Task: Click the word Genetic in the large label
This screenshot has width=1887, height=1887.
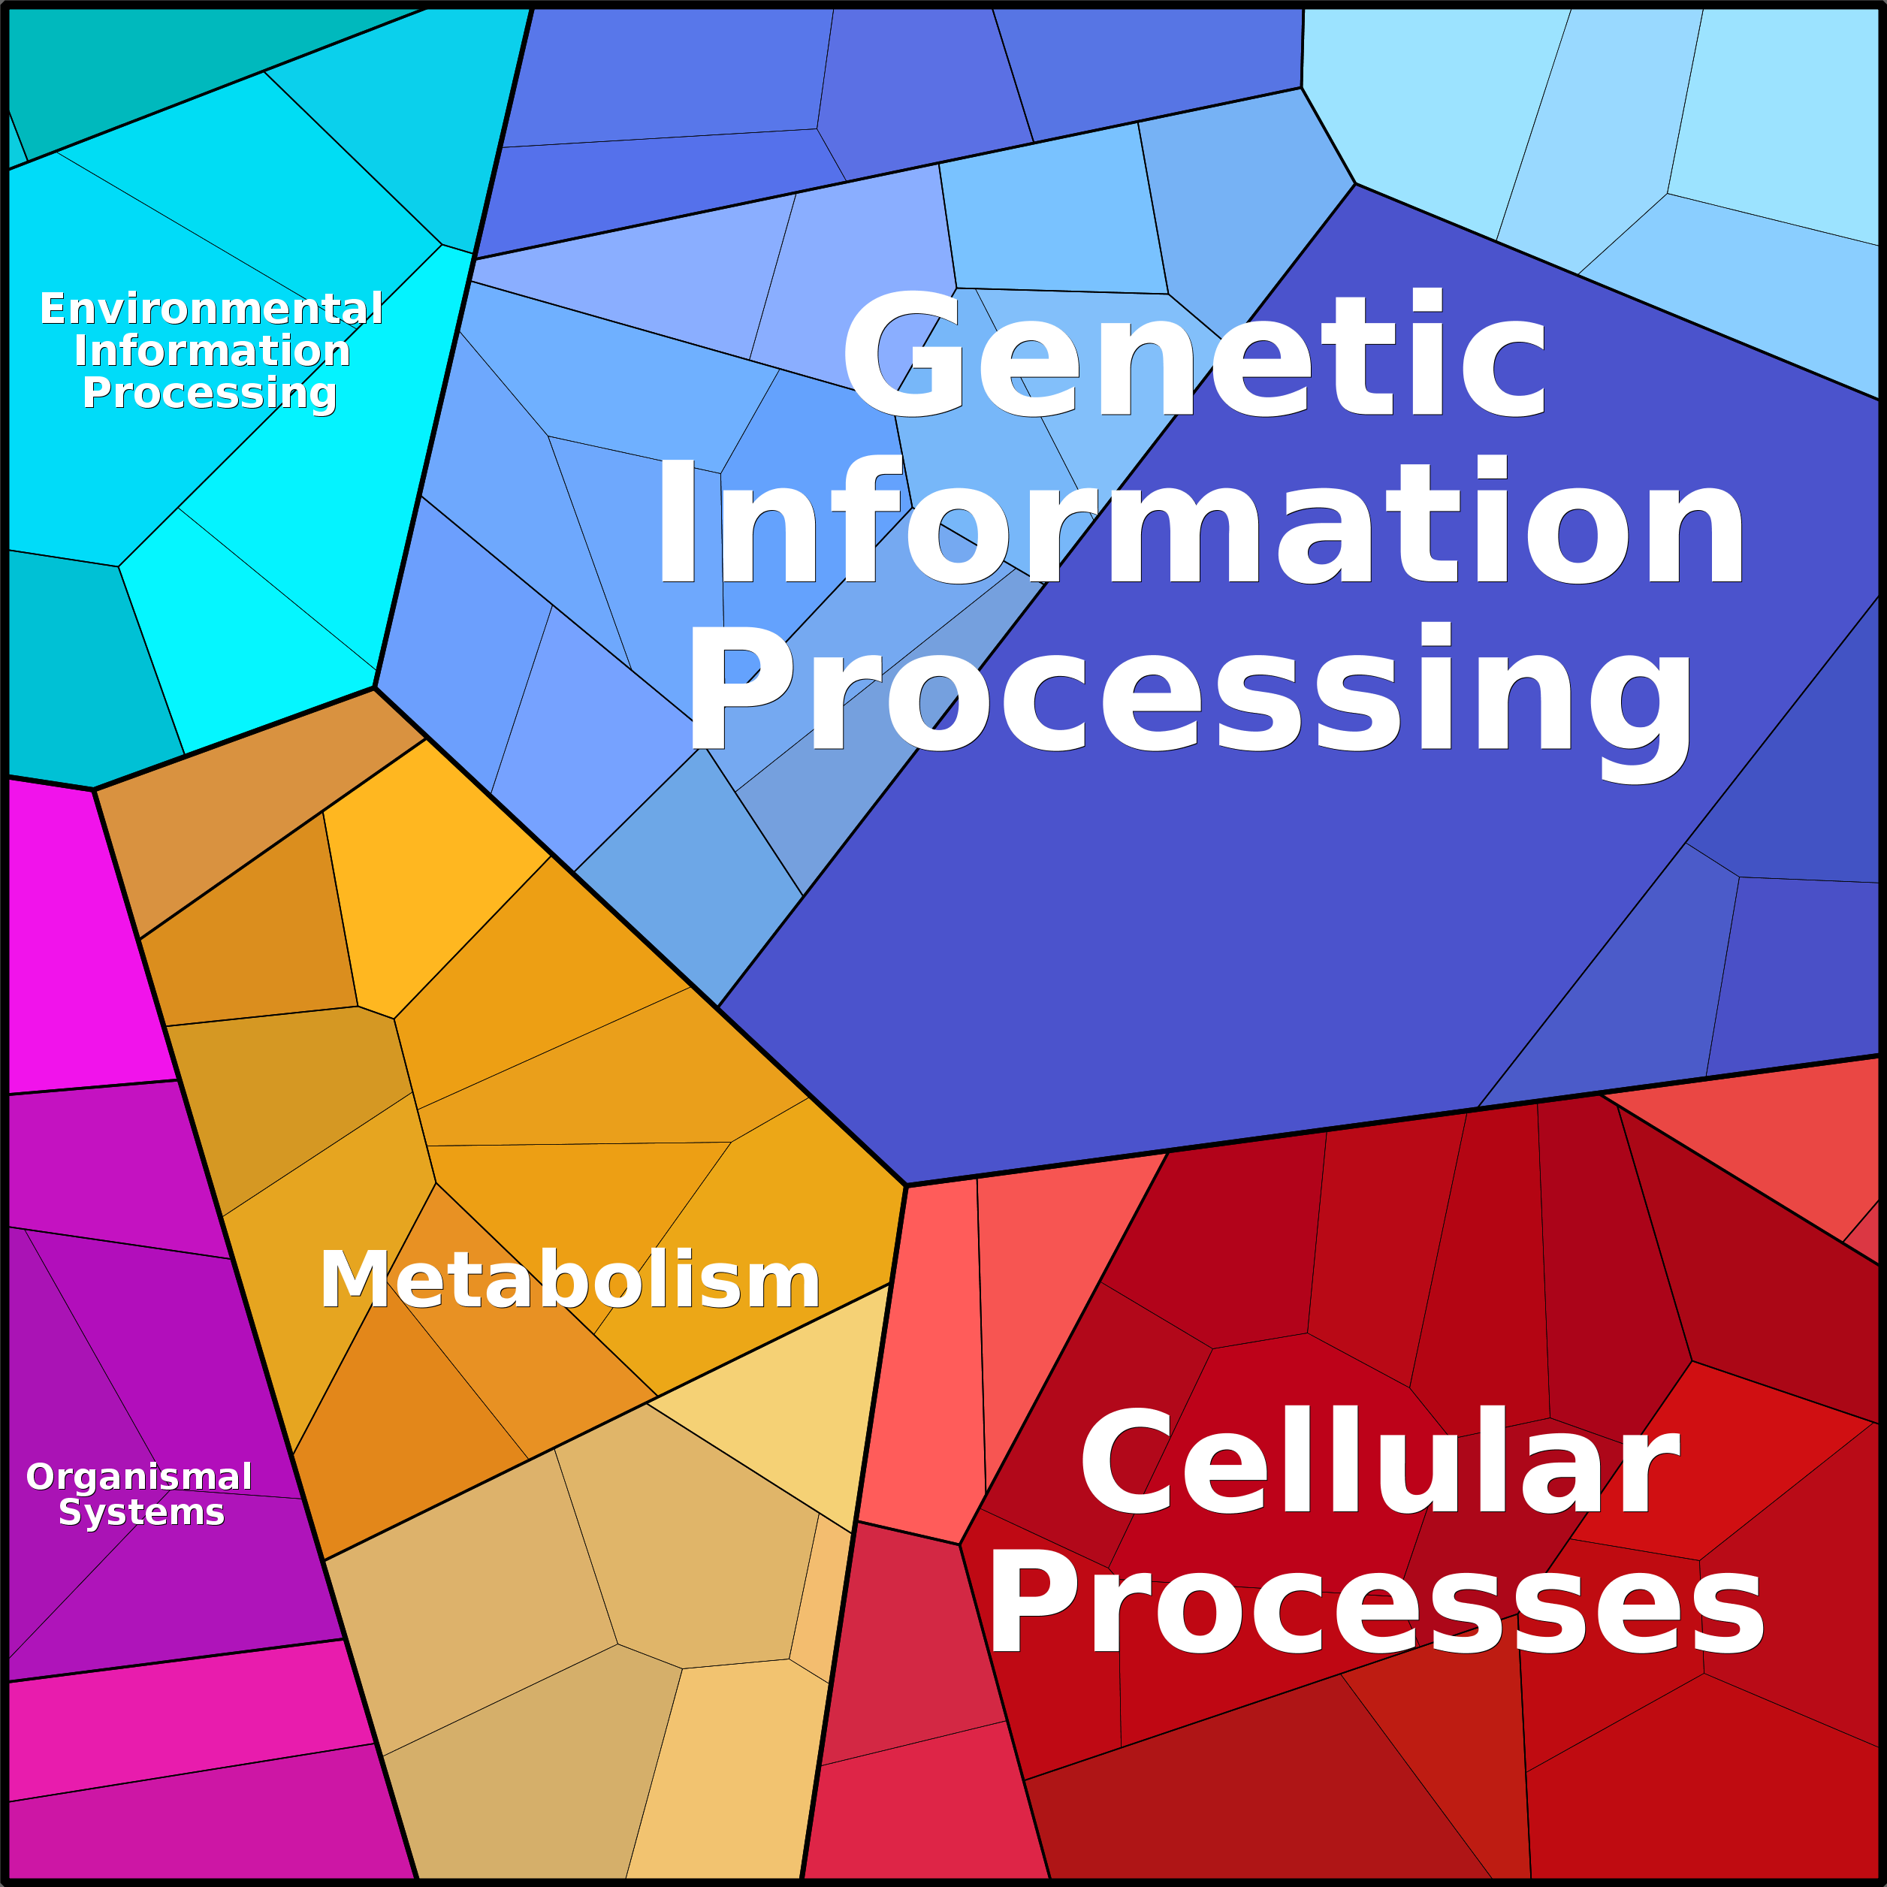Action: pyautogui.click(x=1194, y=354)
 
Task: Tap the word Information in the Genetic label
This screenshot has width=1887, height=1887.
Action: pyautogui.click(x=1200, y=520)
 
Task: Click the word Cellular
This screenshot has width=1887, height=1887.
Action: pyautogui.click(x=1379, y=1460)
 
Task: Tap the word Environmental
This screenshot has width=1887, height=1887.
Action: pyautogui.click(x=211, y=309)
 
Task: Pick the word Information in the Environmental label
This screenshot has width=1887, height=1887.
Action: pyautogui.click(x=212, y=351)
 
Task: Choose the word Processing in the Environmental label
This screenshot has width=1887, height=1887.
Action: pyautogui.click(x=210, y=394)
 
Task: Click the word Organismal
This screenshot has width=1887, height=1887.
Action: pyautogui.click(x=140, y=1477)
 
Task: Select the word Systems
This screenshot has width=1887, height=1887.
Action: pyautogui.click(x=142, y=1512)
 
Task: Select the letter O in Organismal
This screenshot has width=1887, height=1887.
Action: pyautogui.click(x=41, y=1477)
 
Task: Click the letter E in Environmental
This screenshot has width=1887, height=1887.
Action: pyautogui.click(x=53, y=309)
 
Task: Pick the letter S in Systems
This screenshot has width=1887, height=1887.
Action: pyautogui.click(x=71, y=1512)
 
